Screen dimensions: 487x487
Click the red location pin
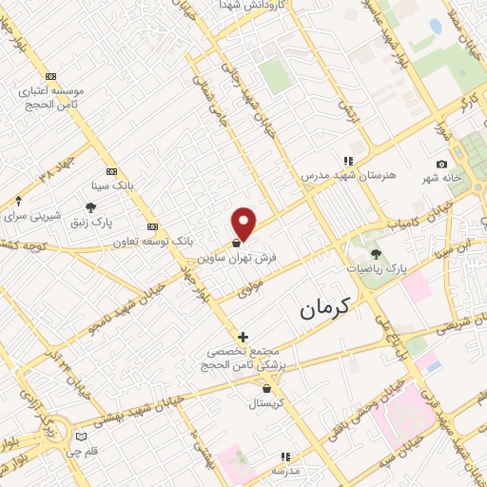click(244, 223)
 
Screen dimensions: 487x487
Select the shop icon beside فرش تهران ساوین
click(235, 244)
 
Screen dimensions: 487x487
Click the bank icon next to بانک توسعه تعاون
click(153, 227)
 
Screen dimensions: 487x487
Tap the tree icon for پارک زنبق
click(90, 207)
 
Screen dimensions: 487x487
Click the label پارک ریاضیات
click(377, 270)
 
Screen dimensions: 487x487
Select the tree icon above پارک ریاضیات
click(377, 254)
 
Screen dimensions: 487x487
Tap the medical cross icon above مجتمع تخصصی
click(243, 337)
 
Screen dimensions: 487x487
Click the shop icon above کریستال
click(266, 388)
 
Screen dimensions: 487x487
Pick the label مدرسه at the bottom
click(285, 471)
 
